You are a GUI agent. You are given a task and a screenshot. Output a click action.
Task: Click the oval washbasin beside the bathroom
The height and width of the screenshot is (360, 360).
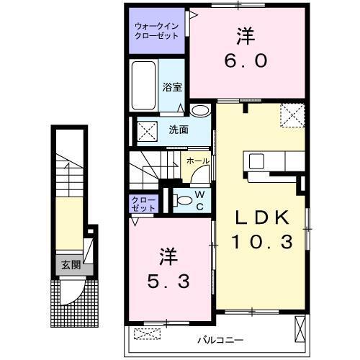click(x=200, y=110)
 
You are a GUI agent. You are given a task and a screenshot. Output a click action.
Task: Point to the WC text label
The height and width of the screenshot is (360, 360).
click(x=201, y=200)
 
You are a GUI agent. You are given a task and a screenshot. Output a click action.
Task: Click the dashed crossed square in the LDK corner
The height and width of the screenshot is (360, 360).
click(x=292, y=114)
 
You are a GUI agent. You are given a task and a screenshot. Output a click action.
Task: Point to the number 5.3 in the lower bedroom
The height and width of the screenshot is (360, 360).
click(x=170, y=281)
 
